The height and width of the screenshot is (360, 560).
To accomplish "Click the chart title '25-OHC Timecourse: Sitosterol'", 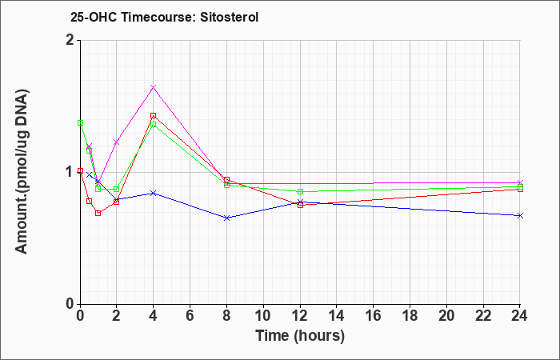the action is [x=164, y=17].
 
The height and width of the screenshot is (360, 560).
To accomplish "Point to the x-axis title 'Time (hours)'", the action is [x=300, y=336].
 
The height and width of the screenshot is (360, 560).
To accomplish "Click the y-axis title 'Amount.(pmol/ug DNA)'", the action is [x=22, y=171].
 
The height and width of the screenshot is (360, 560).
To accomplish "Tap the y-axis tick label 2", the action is [x=70, y=40].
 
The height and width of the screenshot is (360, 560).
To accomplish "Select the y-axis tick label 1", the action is [x=70, y=172].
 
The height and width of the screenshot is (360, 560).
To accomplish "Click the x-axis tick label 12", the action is [x=300, y=316].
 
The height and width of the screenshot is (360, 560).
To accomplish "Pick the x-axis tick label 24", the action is [x=520, y=316].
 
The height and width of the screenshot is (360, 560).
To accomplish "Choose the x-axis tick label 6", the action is [x=190, y=316].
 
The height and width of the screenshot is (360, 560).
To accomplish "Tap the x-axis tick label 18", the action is [x=410, y=316].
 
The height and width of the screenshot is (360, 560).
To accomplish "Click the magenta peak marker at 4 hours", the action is [x=154, y=87].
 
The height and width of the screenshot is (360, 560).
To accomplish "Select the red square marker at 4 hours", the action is [x=154, y=116].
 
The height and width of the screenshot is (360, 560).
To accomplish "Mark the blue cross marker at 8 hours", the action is [x=226, y=218].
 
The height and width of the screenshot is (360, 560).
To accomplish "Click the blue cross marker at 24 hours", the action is [x=520, y=216].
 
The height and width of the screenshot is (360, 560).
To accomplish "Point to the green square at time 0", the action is [x=80, y=123].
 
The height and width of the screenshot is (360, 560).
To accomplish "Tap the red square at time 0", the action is [x=80, y=170].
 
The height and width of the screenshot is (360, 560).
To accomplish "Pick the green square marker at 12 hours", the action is [x=300, y=191].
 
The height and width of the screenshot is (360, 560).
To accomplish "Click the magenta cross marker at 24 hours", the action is [x=520, y=183].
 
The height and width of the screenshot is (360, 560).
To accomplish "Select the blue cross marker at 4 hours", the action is [x=154, y=194].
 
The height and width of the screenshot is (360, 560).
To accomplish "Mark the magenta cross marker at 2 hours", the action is [x=116, y=142].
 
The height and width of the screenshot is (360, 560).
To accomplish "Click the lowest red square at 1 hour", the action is [x=98, y=214].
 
